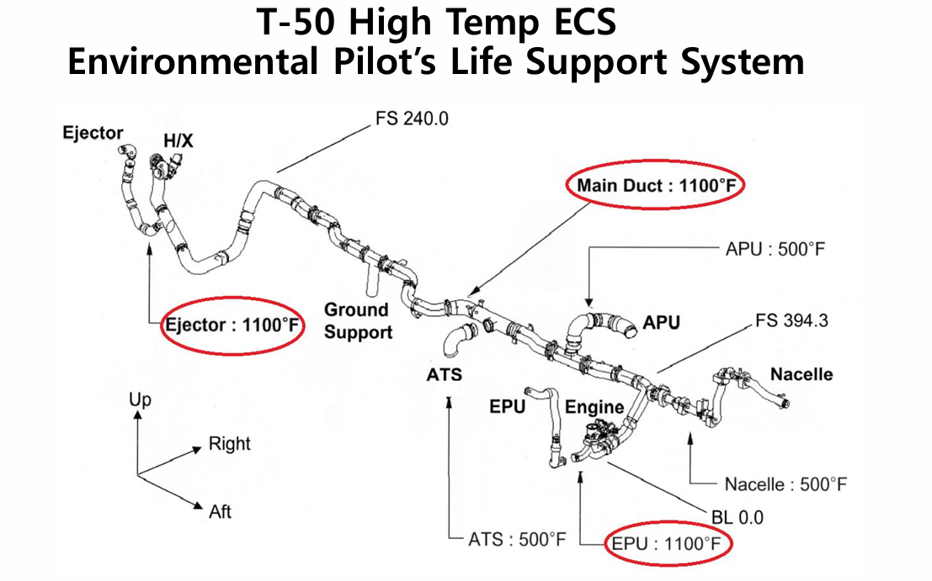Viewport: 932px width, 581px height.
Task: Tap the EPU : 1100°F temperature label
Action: [668, 544]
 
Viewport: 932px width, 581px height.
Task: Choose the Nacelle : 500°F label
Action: [786, 484]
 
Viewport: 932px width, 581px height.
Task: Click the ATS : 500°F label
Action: [518, 538]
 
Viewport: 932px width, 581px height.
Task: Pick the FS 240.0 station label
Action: [412, 119]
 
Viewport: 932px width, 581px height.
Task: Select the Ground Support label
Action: [358, 321]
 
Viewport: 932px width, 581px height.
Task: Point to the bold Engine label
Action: [594, 407]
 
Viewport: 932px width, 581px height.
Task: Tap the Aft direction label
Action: [221, 510]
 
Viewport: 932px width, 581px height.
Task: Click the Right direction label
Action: [229, 443]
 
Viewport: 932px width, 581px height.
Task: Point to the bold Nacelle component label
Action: [801, 373]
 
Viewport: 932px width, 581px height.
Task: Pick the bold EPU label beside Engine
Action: [508, 408]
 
